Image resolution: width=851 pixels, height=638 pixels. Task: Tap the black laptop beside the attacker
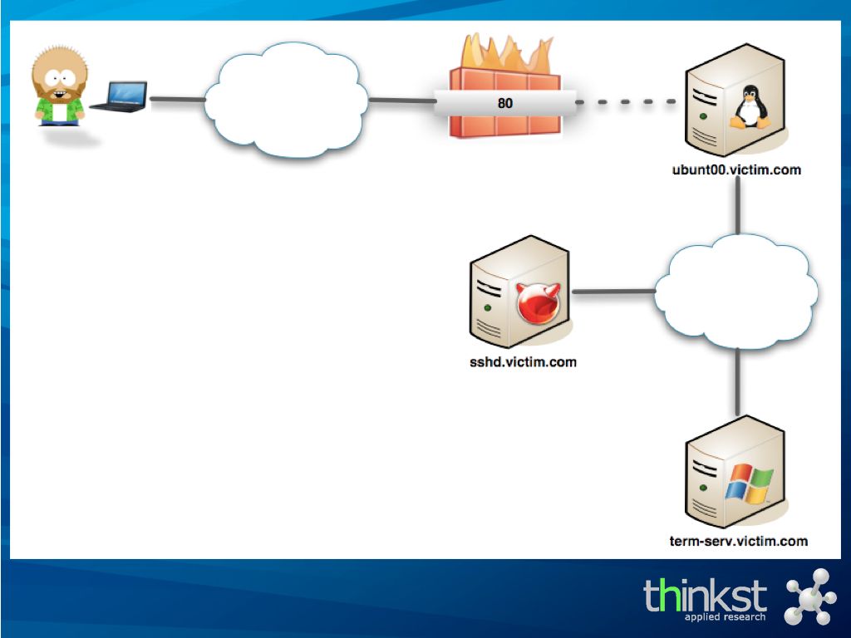point(120,96)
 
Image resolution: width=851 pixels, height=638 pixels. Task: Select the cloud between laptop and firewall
point(284,100)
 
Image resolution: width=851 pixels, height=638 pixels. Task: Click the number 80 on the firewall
point(505,104)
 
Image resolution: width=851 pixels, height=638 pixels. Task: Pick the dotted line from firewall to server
point(628,102)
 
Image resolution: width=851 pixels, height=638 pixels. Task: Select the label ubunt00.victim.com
point(736,170)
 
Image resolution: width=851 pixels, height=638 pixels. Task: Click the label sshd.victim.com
point(523,362)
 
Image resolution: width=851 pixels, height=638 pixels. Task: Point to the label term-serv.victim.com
point(738,541)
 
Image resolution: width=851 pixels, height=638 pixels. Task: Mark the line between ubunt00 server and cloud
point(738,208)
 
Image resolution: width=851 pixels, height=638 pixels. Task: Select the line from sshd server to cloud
point(613,292)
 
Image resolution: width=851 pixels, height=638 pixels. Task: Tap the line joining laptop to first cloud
point(176,101)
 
